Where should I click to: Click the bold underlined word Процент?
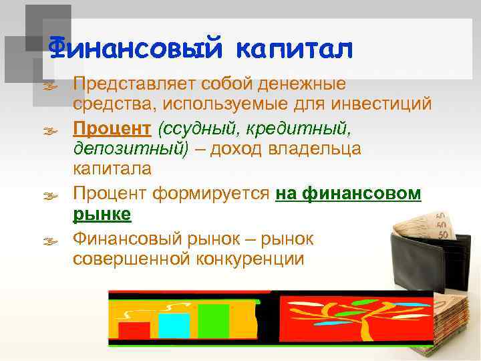pos(104,128)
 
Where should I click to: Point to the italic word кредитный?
pos(300,128)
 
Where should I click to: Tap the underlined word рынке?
pos(102,215)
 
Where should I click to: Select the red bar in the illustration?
pos(134,332)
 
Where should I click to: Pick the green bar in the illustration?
pos(213,322)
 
